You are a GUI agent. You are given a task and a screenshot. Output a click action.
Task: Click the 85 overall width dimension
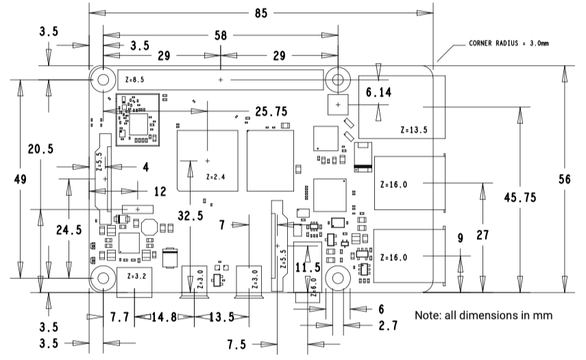pos(261,14)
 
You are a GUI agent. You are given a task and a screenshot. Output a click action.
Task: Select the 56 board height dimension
pos(564,179)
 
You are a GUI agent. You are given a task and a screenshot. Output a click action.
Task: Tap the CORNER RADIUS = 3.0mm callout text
pos(509,43)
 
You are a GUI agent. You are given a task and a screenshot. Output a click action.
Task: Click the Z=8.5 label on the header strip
pos(134,80)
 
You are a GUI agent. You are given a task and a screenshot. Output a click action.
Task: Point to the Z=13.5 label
pos(414,130)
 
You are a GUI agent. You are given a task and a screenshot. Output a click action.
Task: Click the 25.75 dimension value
pos(271,111)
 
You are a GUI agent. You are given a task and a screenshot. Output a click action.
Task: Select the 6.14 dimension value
pos(378,92)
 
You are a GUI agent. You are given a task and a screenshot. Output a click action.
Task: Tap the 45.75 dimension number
pos(520,197)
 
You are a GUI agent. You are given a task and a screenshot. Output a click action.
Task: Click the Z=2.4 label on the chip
pos(216,177)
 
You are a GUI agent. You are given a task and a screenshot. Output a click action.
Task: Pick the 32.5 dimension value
pos(191,215)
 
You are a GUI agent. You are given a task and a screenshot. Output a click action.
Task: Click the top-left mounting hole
pos(103,80)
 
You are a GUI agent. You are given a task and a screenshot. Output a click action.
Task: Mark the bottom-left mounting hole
pos(103,278)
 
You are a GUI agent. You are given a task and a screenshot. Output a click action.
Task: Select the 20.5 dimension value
pos(40,149)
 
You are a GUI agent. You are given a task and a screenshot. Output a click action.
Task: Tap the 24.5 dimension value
pos(69,230)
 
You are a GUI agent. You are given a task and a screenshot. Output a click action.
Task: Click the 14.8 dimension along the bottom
pos(164,317)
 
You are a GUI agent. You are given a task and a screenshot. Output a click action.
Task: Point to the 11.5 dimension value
pos(308,267)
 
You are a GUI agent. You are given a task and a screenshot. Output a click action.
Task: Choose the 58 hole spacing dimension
pos(221,36)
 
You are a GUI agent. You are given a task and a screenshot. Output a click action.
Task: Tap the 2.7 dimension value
pos(389,326)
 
